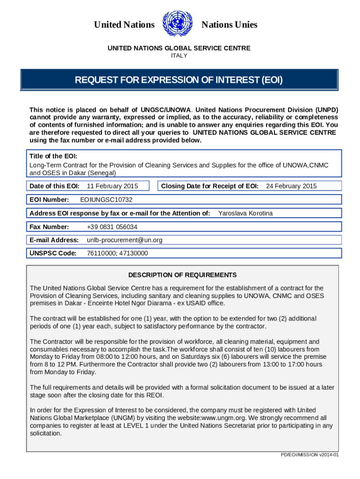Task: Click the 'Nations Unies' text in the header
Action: pyautogui.click(x=229, y=25)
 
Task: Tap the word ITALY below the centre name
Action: pyautogui.click(x=180, y=56)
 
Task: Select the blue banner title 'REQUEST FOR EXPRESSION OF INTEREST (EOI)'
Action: pyautogui.click(x=179, y=80)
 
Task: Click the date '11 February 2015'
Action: pyautogui.click(x=113, y=186)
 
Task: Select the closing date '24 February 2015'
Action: pyautogui.click(x=291, y=186)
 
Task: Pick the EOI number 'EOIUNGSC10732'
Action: pyautogui.click(x=107, y=200)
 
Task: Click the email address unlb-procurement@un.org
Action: pyautogui.click(x=125, y=240)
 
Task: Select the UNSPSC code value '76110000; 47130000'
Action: pyautogui.click(x=117, y=253)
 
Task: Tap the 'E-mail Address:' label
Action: pyautogui.click(x=54, y=240)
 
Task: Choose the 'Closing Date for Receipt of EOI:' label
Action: pyautogui.click(x=210, y=186)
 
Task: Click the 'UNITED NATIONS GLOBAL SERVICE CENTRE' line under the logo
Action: pyautogui.click(x=180, y=48)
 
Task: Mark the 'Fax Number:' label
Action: pyautogui.click(x=49, y=227)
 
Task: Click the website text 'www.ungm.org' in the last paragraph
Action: pyautogui.click(x=228, y=418)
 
